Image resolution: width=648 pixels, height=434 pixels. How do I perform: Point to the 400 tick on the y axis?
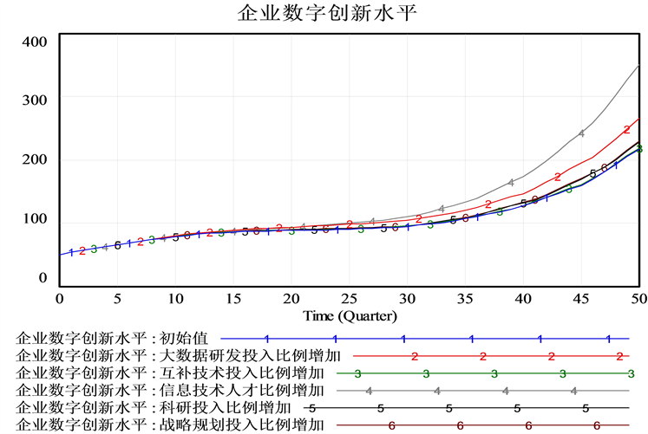[35, 41]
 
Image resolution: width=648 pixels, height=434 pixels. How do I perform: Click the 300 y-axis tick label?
[35, 100]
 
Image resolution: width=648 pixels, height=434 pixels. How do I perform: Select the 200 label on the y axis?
[35, 159]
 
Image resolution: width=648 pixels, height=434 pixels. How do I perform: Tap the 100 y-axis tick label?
[35, 218]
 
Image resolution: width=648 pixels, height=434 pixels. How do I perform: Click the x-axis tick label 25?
[349, 299]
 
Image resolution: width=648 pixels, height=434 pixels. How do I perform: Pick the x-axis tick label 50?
[638, 299]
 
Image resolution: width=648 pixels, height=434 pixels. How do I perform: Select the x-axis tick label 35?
[465, 299]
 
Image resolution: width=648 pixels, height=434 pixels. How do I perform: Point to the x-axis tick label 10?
[175, 299]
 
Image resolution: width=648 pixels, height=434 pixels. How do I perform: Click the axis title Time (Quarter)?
[350, 315]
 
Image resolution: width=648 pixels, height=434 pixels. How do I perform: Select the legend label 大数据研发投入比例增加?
[179, 355]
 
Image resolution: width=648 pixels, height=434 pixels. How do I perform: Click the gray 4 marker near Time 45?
[581, 134]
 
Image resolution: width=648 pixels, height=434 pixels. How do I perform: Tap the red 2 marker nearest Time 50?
[626, 129]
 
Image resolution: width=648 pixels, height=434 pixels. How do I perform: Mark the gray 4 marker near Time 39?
[512, 182]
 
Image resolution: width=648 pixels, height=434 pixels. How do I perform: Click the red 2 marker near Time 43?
[558, 177]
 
